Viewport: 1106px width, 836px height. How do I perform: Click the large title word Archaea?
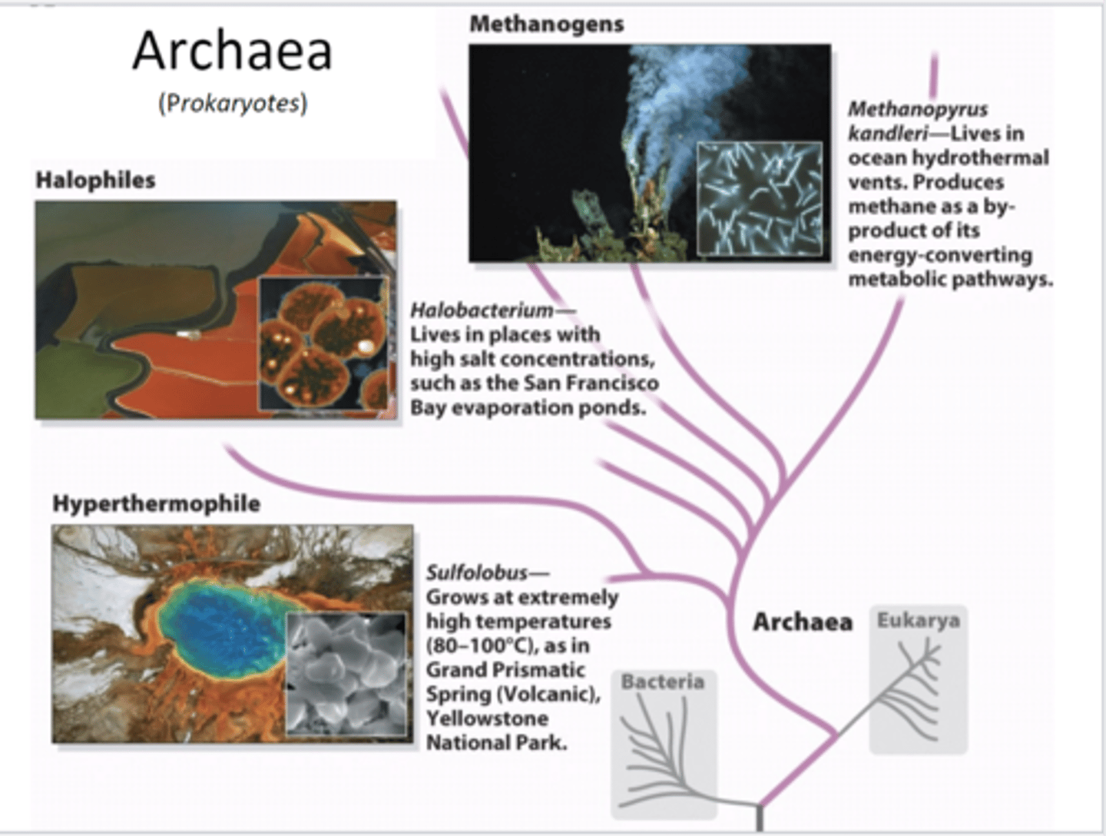tap(232, 52)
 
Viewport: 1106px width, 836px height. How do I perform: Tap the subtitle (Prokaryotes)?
tap(233, 103)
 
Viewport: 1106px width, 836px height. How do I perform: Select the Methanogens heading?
tap(546, 24)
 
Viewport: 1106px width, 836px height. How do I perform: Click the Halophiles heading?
tap(95, 180)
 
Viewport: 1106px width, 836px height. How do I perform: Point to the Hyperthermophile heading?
tap(156, 503)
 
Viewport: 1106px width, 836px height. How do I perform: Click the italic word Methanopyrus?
tap(917, 109)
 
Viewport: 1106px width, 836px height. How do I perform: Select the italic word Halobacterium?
tap(482, 310)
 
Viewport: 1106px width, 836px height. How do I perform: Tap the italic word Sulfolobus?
tap(477, 572)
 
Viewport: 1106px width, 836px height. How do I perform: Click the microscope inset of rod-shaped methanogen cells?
tap(759, 198)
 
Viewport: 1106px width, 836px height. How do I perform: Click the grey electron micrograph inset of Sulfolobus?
tap(346, 673)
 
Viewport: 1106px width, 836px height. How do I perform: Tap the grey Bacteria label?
tap(662, 682)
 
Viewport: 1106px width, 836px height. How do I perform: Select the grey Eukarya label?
tap(918, 620)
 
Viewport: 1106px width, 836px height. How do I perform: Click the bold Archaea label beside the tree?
tap(802, 622)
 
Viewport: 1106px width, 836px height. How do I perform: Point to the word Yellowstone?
tap(487, 718)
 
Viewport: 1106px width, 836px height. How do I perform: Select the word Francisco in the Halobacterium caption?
tap(612, 383)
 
